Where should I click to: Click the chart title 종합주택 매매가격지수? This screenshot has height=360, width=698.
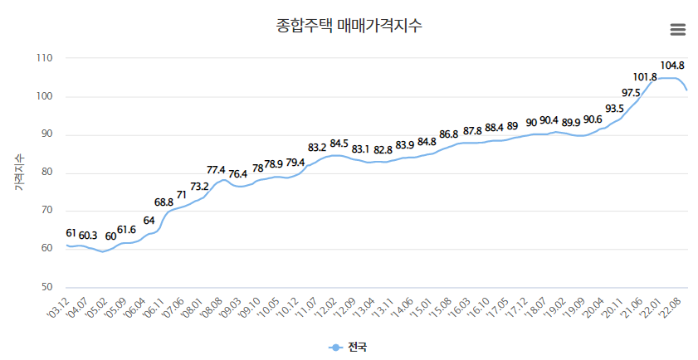click(x=349, y=26)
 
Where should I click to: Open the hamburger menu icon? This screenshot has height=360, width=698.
click(x=677, y=29)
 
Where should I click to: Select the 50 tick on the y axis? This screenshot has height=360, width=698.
click(x=46, y=287)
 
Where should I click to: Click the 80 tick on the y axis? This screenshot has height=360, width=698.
click(x=46, y=173)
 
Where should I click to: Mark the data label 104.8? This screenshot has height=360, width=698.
click(x=672, y=65)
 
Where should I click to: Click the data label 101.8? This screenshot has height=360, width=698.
click(x=644, y=77)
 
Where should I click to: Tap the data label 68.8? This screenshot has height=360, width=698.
click(x=164, y=202)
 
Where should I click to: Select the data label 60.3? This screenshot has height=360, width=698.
click(x=88, y=235)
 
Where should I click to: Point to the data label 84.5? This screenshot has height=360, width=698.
click(x=339, y=144)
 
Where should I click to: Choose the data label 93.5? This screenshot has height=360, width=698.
click(x=614, y=109)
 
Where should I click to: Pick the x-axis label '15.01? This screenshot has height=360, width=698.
click(x=421, y=309)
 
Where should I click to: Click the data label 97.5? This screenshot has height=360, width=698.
click(x=631, y=92)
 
